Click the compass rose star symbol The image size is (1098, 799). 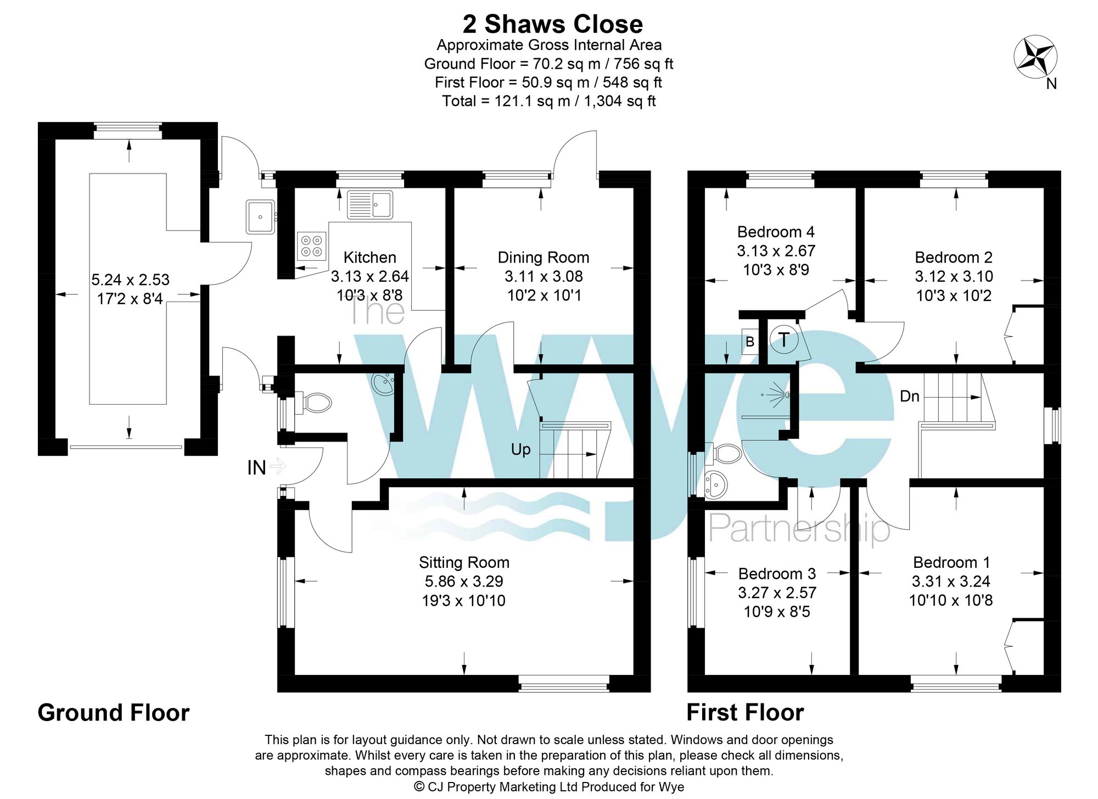pos(1035,57)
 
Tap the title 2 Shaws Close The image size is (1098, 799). pos(552,24)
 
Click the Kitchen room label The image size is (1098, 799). pos(369,258)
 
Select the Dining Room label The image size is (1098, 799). pos(544,258)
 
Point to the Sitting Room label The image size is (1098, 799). pos(464,562)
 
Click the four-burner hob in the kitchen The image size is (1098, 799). pos(312,245)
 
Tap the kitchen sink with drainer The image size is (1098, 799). pos(370,204)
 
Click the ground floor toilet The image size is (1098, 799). pos(313,403)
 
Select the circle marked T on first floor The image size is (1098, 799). pos(784,340)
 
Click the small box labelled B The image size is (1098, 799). pos(750,342)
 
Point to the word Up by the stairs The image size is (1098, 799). pos(520,450)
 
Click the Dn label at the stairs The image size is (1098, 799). pos(910,396)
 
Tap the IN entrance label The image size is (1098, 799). pos(256,468)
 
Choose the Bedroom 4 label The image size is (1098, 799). pos(776,232)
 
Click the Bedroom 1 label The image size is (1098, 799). pos(951,562)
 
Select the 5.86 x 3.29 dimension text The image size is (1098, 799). pos(464,581)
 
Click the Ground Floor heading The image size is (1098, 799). pos(114,713)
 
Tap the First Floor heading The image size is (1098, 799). pos(745,713)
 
